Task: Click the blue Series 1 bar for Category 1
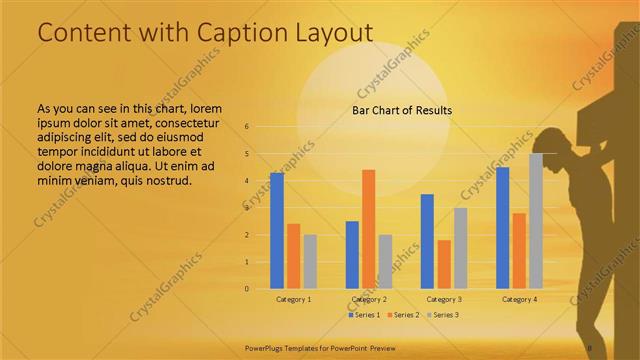pos(277,231)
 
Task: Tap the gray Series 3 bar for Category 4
pos(536,221)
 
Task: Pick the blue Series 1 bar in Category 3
pos(427,241)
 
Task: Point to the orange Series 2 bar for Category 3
pos(444,264)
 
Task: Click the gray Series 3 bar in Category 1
pos(310,262)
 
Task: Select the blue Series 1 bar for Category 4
pos(503,228)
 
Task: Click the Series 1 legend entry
pos(366,315)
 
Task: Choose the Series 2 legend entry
pos(403,315)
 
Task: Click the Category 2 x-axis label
pos(369,299)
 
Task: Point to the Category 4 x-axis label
pos(519,299)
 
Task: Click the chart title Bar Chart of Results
pos(402,110)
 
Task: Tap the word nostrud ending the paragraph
pos(168,180)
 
